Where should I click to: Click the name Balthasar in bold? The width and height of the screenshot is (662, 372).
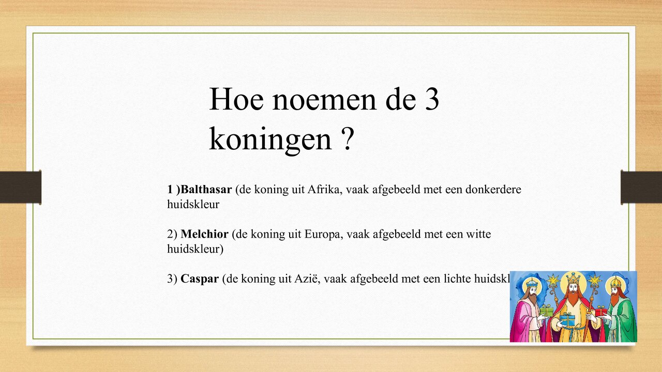pyautogui.click(x=206, y=190)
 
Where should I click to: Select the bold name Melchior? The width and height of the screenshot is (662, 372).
pyautogui.click(x=204, y=235)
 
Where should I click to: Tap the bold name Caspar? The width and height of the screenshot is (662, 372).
pyautogui.click(x=200, y=279)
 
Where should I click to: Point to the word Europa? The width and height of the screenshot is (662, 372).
pyautogui.click(x=325, y=235)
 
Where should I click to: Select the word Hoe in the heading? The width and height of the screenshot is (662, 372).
pyautogui.click(x=235, y=99)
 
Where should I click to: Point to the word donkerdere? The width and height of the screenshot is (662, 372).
pyautogui.click(x=493, y=190)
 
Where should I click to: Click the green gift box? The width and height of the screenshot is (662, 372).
pyautogui.click(x=547, y=311)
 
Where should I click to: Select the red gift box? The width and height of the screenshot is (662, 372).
pyautogui.click(x=600, y=312)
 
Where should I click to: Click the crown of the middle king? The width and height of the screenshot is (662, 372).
pyautogui.click(x=573, y=278)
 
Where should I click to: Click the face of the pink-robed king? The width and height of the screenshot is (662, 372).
pyautogui.click(x=532, y=293)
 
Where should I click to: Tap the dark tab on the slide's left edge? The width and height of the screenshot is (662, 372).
pyautogui.click(x=20, y=187)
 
